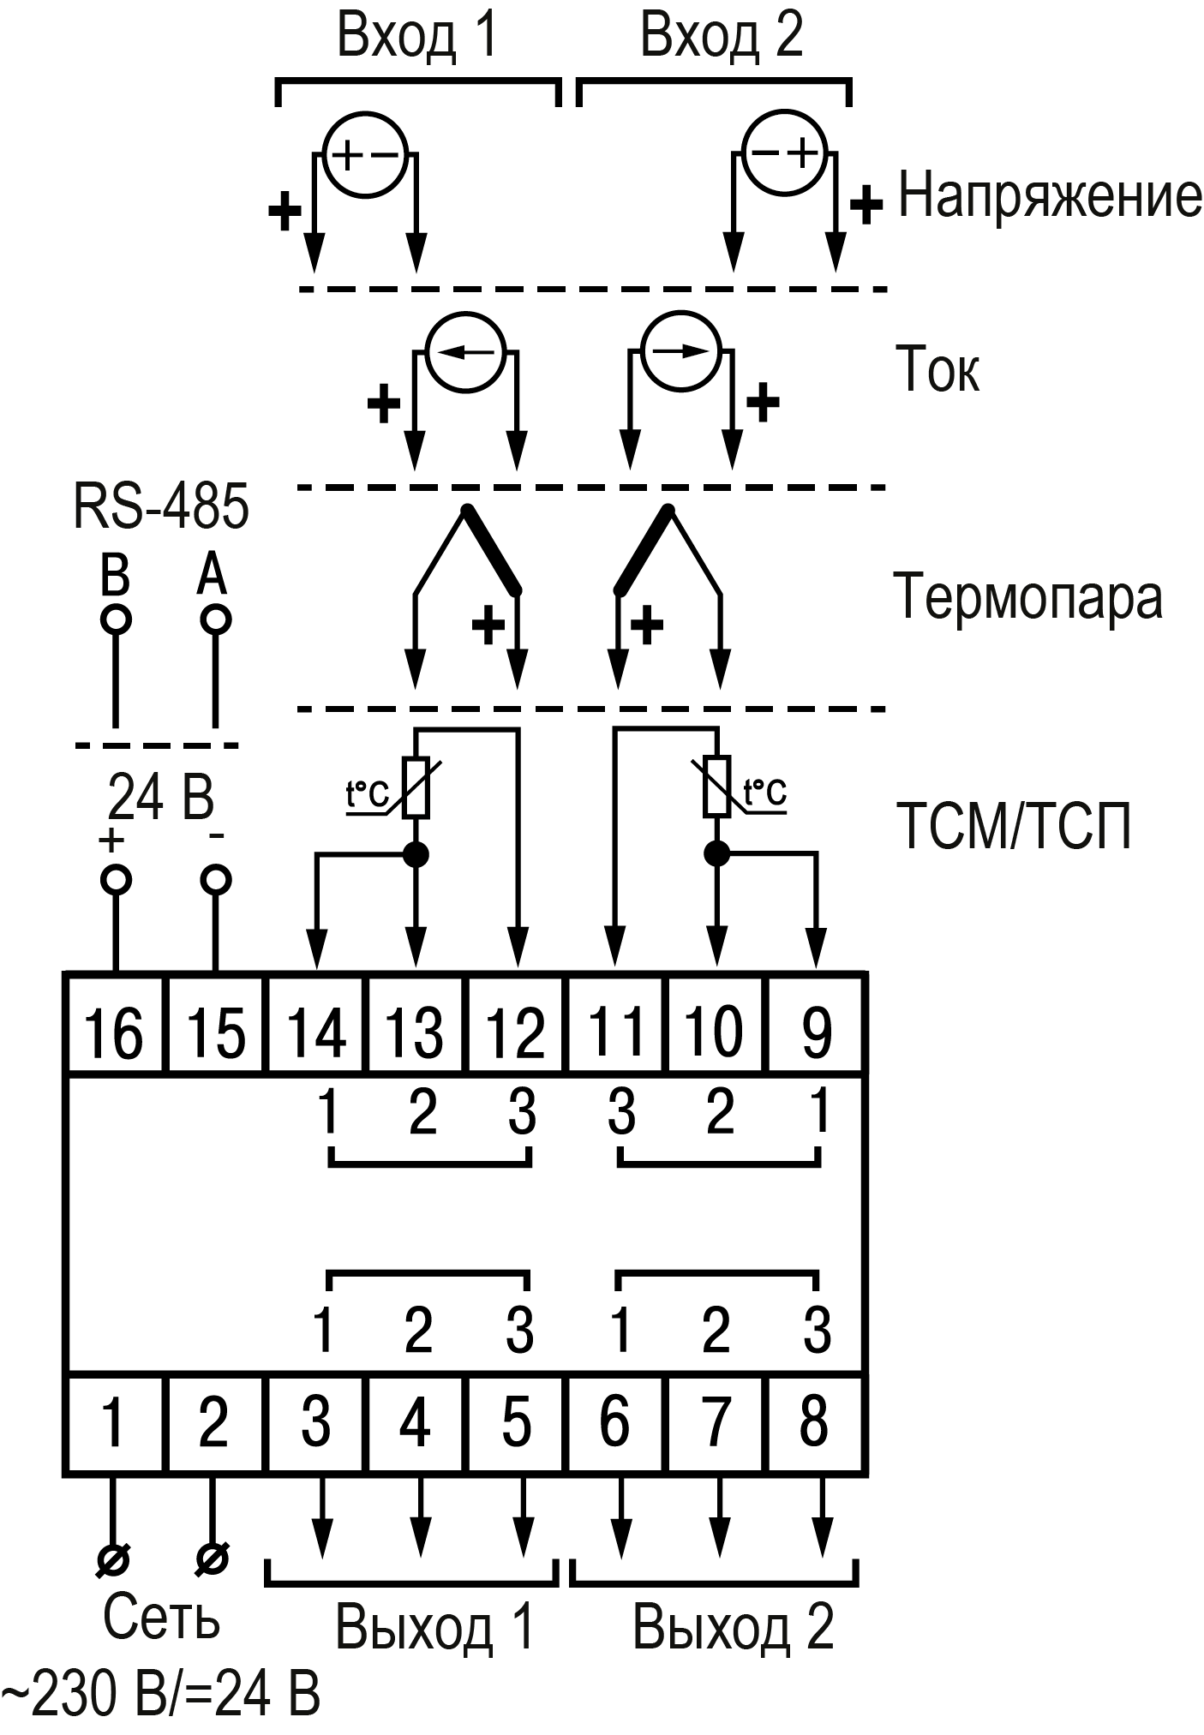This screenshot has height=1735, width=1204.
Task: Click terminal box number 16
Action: click(x=115, y=1023)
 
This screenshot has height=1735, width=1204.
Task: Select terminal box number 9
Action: click(x=816, y=1023)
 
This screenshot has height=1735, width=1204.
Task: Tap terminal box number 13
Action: click(x=416, y=1023)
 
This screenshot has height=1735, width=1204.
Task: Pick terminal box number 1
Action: click(x=115, y=1422)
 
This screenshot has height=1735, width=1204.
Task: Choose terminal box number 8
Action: click(x=816, y=1422)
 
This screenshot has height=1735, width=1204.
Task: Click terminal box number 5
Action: click(x=516, y=1422)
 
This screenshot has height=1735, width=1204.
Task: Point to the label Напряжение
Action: click(x=1050, y=196)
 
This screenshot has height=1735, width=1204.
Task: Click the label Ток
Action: click(x=937, y=370)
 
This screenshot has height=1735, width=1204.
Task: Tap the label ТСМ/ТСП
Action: click(x=1014, y=826)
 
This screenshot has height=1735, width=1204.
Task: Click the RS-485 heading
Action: click(x=161, y=506)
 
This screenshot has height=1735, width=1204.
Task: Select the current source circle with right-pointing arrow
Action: click(x=680, y=351)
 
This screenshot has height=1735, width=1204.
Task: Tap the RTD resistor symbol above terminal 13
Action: click(x=416, y=787)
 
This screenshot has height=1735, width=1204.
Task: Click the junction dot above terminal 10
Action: click(x=716, y=853)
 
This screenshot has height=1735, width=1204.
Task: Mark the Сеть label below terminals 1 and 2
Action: click(x=161, y=1618)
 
